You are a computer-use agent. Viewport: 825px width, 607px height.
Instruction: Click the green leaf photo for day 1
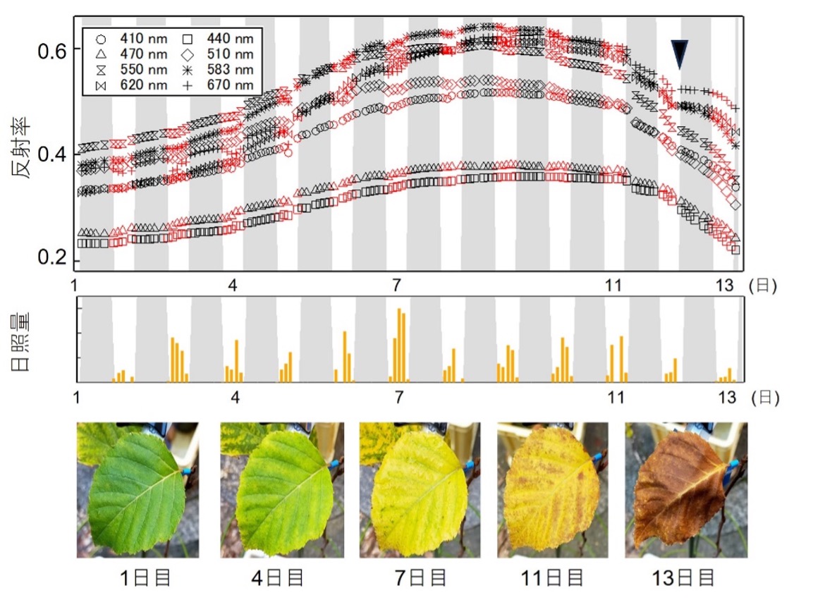click(137, 489)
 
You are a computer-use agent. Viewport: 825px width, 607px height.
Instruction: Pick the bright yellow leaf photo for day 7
click(420, 489)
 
